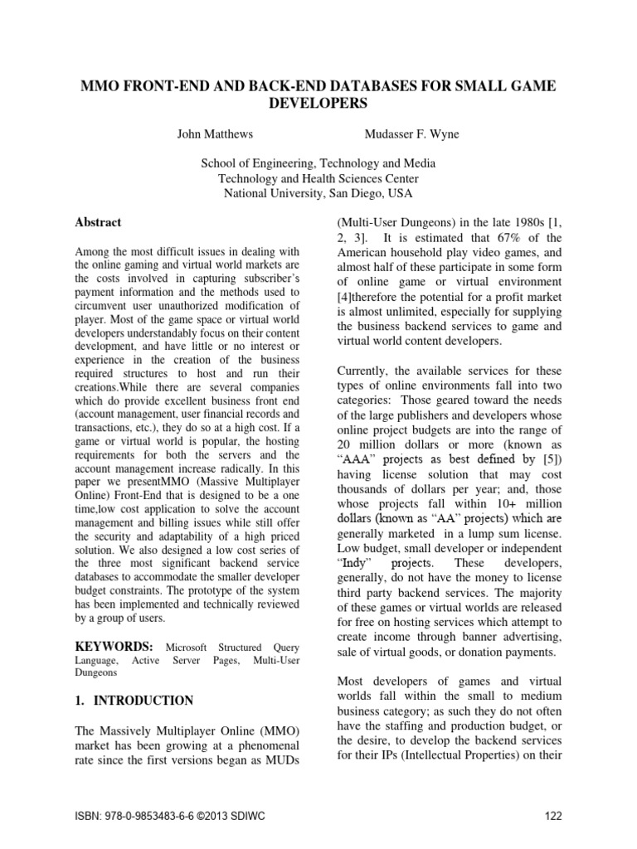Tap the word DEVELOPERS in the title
(x=318, y=104)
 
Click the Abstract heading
(x=98, y=222)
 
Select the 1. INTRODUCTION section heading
(x=134, y=701)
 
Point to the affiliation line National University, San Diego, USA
(x=318, y=193)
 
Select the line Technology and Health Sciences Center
(x=318, y=178)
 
